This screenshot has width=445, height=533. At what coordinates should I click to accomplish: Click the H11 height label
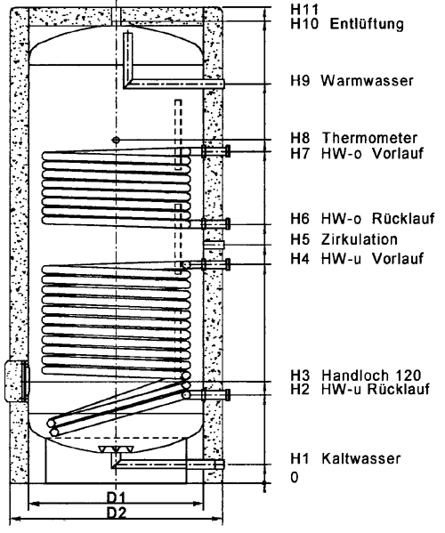point(304,9)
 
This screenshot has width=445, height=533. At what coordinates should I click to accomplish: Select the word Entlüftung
point(367,24)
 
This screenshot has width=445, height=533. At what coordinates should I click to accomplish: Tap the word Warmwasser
point(368,81)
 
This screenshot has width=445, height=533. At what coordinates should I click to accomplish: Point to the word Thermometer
point(369,138)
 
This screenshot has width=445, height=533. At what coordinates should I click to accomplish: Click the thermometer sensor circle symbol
point(116,140)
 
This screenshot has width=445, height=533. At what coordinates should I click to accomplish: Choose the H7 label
point(300,153)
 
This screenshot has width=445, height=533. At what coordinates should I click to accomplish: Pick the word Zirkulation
point(360,239)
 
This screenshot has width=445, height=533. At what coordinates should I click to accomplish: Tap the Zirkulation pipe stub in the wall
point(214,245)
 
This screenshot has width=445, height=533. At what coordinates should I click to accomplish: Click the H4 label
point(300,259)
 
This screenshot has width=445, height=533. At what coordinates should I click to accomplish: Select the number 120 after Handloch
point(409,376)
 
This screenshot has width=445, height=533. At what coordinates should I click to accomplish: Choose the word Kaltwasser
point(361,458)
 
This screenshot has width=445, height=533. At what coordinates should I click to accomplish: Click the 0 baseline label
point(295,477)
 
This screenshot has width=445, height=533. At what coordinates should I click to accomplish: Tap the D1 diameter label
point(116,498)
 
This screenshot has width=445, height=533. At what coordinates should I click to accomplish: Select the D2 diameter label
point(117,513)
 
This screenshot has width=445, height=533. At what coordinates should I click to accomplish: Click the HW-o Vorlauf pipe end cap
point(228,150)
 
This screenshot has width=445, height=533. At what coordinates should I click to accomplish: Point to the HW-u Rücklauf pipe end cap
point(228,394)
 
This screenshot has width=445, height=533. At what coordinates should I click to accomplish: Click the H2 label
point(300,389)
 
